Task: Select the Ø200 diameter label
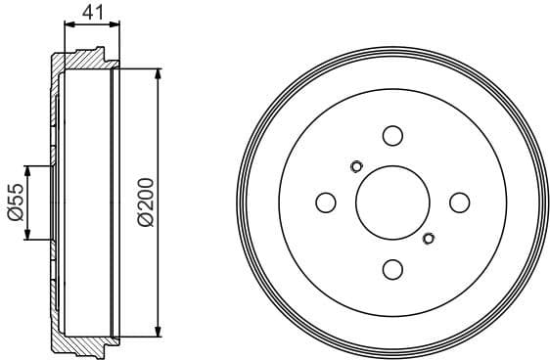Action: (x=145, y=202)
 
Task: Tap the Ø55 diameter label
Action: (x=15, y=202)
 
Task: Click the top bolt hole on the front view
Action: (x=392, y=136)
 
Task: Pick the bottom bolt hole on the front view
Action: (x=392, y=268)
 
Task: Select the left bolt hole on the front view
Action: (x=326, y=202)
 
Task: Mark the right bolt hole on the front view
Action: (x=458, y=202)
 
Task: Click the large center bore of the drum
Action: (x=392, y=202)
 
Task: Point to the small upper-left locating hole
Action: (x=356, y=165)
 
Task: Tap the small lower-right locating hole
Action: (x=428, y=238)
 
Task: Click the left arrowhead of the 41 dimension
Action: (x=69, y=25)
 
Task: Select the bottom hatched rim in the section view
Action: (x=83, y=343)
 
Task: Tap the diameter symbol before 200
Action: (x=145, y=221)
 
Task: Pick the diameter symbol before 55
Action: (x=15, y=216)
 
